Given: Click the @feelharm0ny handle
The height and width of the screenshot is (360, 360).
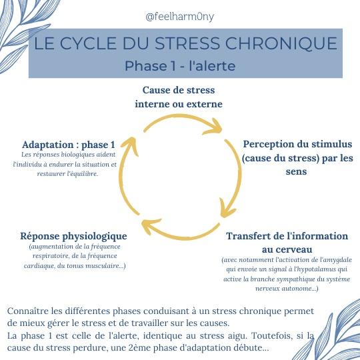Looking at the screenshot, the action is (180, 17).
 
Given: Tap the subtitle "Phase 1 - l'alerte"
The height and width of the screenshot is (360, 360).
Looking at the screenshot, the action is (180, 66).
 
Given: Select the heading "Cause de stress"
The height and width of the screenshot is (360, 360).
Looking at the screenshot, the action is (179, 90).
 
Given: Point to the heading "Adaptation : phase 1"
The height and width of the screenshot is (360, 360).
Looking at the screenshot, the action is (69, 145).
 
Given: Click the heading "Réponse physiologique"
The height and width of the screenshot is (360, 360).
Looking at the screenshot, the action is (73, 236).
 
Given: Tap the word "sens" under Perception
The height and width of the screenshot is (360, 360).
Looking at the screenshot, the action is (296, 171).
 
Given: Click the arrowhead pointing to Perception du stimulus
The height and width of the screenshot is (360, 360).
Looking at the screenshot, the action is (213, 127).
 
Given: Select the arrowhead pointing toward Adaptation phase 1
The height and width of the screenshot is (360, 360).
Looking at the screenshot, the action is (131, 145).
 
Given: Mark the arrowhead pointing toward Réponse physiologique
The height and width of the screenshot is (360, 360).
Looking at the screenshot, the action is (151, 226).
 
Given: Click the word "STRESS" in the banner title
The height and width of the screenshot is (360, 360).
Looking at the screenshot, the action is (187, 43).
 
